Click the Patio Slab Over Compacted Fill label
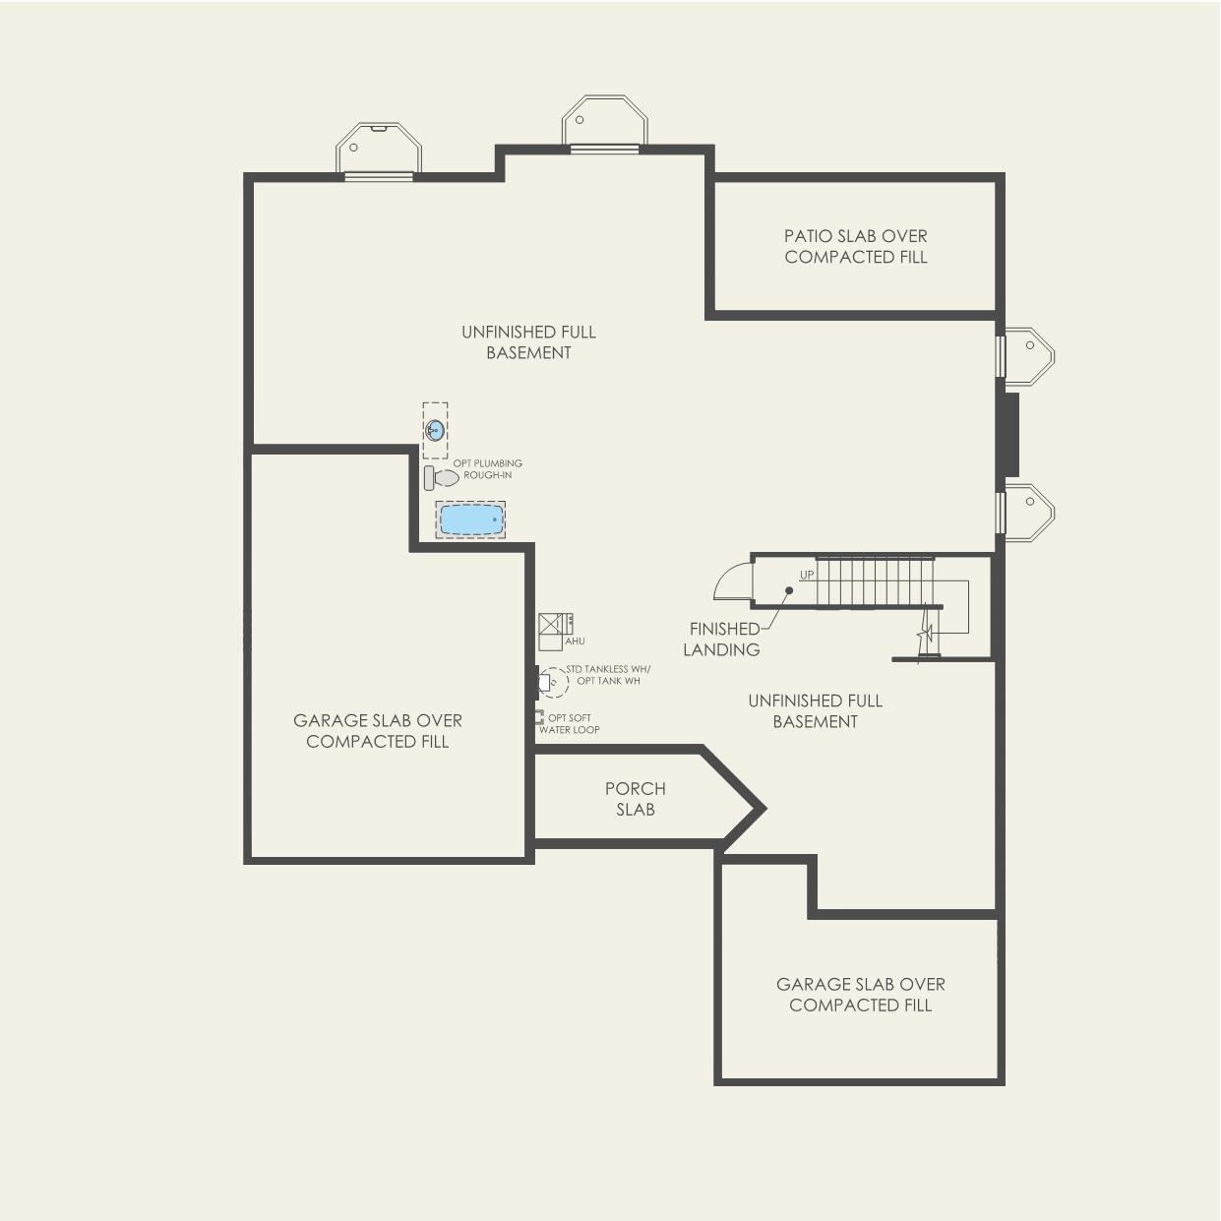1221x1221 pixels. click(855, 246)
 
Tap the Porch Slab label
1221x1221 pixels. click(635, 799)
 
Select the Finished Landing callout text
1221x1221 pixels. click(722, 639)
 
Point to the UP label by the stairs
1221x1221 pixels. click(807, 575)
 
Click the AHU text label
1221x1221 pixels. click(575, 641)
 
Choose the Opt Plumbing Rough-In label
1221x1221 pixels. click(487, 469)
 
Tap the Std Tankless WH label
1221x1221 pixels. click(608, 669)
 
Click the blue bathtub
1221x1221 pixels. click(471, 519)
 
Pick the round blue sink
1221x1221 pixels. click(435, 430)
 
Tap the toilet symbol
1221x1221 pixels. click(442, 478)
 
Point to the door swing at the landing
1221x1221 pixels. click(731, 582)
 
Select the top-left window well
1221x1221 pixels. click(379, 149)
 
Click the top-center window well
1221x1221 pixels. click(604, 122)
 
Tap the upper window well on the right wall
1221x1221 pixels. click(1027, 352)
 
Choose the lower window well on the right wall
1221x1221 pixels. click(1027, 509)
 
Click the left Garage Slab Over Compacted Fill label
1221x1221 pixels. click(378, 731)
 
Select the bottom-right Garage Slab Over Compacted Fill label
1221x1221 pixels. click(860, 995)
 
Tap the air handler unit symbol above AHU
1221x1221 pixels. click(554, 627)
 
